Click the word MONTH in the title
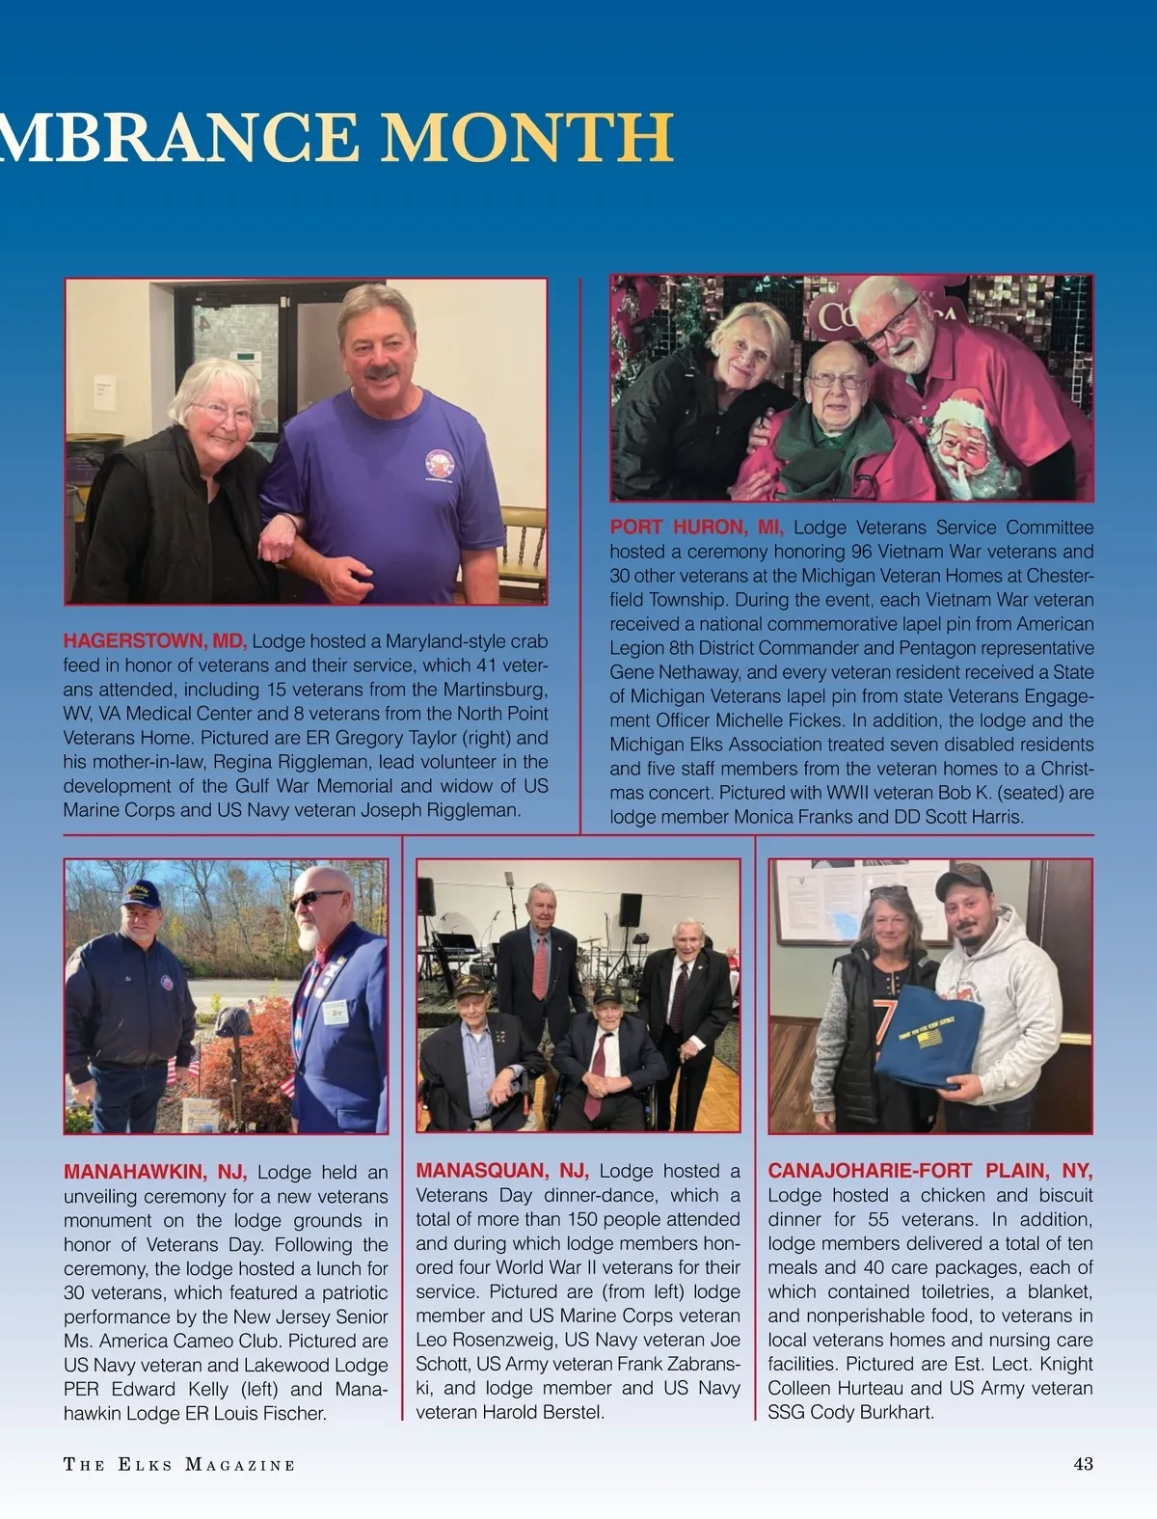pos(526,138)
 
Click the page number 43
pos(1083,1464)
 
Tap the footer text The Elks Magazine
pos(179,1465)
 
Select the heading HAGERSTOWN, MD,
pos(155,641)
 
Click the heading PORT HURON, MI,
pos(696,528)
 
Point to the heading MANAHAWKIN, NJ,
pos(155,1172)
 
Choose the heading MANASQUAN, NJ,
pos(502,1171)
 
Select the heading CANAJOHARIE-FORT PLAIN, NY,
pos(929,1171)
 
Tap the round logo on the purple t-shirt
pos(440,463)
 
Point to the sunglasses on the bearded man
pos(315,899)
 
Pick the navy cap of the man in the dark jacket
pos(141,893)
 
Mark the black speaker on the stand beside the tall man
pos(631,909)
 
